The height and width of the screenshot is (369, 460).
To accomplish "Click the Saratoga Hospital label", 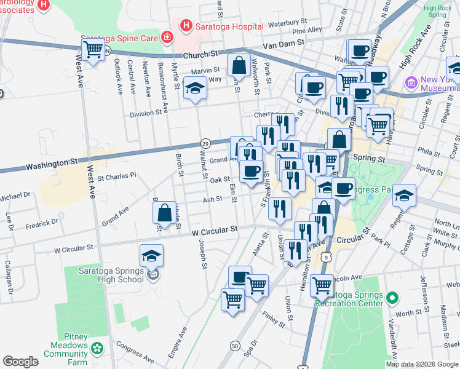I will point(229,26).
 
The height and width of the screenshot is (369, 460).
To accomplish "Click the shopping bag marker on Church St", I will point(238,65).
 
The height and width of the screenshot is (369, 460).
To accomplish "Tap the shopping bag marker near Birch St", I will point(165,213).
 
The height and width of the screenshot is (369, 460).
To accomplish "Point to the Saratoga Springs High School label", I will point(111,275).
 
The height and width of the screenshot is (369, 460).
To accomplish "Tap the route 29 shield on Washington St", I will point(207,143).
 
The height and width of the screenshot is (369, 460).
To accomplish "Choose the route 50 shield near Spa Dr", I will point(235,347).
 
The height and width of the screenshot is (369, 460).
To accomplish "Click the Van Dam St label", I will point(284,43).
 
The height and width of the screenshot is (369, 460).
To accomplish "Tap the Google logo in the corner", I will point(20,362).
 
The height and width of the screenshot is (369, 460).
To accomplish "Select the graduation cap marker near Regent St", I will point(404,195).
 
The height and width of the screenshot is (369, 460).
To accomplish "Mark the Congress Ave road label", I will point(135,351).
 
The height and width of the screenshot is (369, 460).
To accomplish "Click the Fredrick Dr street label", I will point(42,222).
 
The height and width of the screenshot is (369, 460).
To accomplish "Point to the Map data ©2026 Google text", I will point(422,364).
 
